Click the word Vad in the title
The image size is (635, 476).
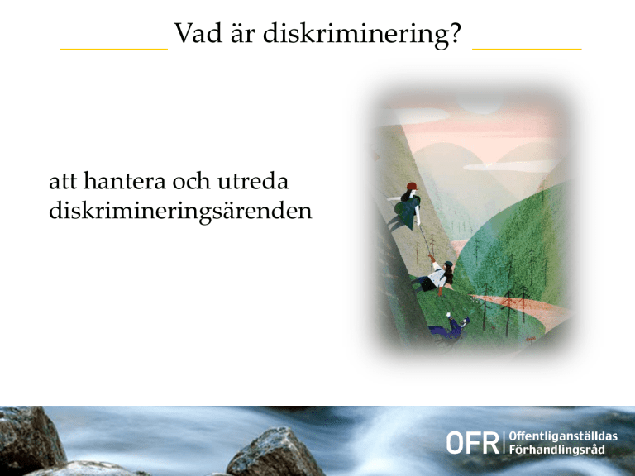(x=198, y=33)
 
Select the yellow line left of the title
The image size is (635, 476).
(x=114, y=50)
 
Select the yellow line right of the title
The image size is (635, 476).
(x=527, y=50)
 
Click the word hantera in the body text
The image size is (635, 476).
(x=124, y=180)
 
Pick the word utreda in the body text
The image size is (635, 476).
(x=253, y=180)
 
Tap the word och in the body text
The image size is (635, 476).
(x=191, y=180)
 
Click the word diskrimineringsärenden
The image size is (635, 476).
(x=180, y=212)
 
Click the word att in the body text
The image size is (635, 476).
(x=62, y=181)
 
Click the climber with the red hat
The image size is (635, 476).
(x=406, y=207)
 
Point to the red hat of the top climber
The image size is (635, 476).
(x=412, y=186)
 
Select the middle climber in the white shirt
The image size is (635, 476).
(x=434, y=276)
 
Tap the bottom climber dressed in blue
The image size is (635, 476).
(x=451, y=327)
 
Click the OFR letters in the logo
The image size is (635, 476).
(x=473, y=443)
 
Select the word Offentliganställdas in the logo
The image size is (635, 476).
(x=563, y=436)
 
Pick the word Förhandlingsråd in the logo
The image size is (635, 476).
(x=556, y=450)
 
